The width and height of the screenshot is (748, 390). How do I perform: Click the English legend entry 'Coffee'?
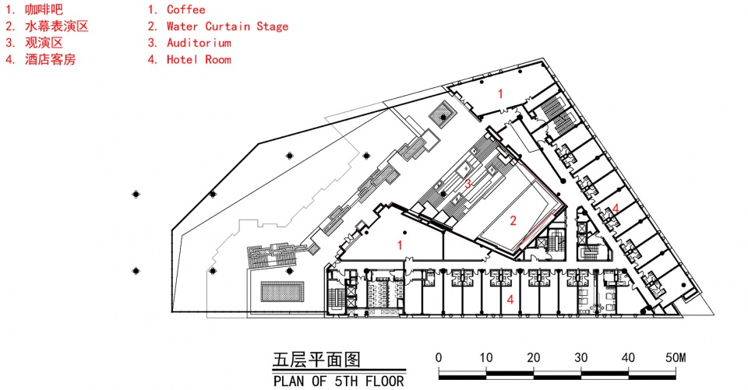[186, 9]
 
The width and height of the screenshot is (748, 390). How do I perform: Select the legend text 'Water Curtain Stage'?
[228, 26]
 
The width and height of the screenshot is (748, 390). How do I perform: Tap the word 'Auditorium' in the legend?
[199, 43]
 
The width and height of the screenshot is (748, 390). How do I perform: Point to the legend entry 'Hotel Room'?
[199, 60]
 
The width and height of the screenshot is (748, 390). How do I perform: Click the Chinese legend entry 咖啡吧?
[44, 9]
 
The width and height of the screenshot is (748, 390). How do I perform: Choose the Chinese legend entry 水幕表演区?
[57, 26]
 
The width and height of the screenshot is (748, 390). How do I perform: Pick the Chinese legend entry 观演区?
[44, 43]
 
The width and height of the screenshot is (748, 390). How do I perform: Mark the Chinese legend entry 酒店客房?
[51, 60]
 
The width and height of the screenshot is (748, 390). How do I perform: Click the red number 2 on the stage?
[513, 220]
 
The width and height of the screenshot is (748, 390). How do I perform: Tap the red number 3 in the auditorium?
[468, 184]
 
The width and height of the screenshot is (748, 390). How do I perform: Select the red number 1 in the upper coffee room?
[500, 94]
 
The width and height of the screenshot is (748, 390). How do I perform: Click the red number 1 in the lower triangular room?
[400, 245]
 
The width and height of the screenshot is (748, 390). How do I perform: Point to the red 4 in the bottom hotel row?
[510, 300]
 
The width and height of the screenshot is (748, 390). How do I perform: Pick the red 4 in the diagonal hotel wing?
[616, 209]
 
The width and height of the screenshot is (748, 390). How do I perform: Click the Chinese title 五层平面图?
[317, 360]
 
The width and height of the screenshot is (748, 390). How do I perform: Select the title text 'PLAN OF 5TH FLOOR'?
[339, 381]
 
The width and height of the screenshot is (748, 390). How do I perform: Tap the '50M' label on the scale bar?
[675, 357]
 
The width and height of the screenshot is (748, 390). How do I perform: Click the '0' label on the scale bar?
[439, 357]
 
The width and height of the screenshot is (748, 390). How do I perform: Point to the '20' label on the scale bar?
[533, 357]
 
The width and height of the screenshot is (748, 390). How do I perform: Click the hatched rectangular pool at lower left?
[282, 291]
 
